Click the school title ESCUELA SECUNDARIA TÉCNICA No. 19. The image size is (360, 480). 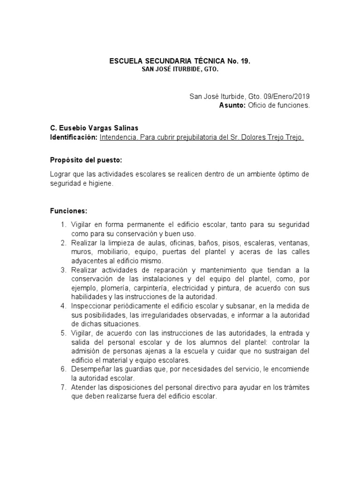click(x=180, y=61)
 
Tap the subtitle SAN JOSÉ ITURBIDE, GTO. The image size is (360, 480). click(x=180, y=70)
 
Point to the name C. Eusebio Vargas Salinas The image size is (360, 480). click(x=94, y=128)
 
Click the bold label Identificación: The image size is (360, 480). click(x=74, y=137)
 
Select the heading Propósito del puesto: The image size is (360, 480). click(x=86, y=160)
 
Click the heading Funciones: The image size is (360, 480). click(x=69, y=211)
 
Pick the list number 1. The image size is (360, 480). click(x=64, y=225)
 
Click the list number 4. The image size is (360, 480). click(x=64, y=306)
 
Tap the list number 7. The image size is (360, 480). click(x=64, y=387)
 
